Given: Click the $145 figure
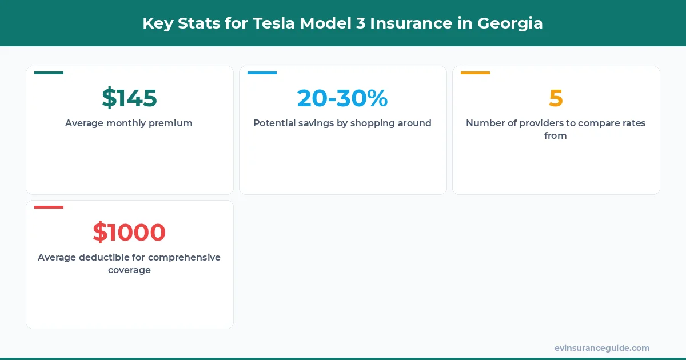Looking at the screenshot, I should pos(129,98).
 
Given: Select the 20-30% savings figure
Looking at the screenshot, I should pos(342,98).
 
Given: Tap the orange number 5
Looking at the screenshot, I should pos(556,98).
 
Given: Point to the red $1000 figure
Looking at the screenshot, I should pos(129,233).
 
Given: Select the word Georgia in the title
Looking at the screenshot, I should pos(510,23).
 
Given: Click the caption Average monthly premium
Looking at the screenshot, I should pos(129,123).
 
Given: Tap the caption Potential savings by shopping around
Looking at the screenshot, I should pos(342,123).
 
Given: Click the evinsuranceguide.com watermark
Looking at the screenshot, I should pos(602,348).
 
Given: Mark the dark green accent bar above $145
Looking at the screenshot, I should pos(49,73).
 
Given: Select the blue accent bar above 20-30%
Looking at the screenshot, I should pos(262,73).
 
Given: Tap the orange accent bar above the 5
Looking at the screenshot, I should pos(475,73).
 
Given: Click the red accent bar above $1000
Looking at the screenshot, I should pos(49,207).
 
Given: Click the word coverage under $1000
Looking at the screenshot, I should pos(129,270).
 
